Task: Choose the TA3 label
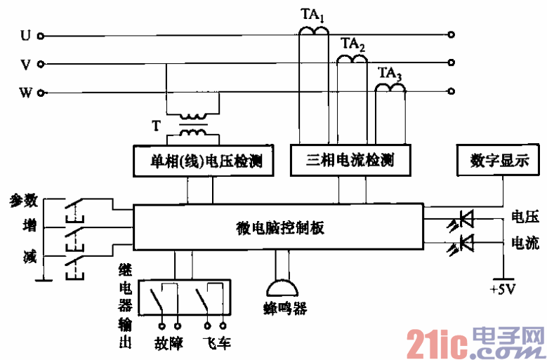[390, 72]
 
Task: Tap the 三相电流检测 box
[349, 161]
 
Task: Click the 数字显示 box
[499, 161]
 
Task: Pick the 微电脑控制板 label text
[279, 227]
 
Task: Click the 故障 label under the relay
[169, 344]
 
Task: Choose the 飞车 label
[216, 344]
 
